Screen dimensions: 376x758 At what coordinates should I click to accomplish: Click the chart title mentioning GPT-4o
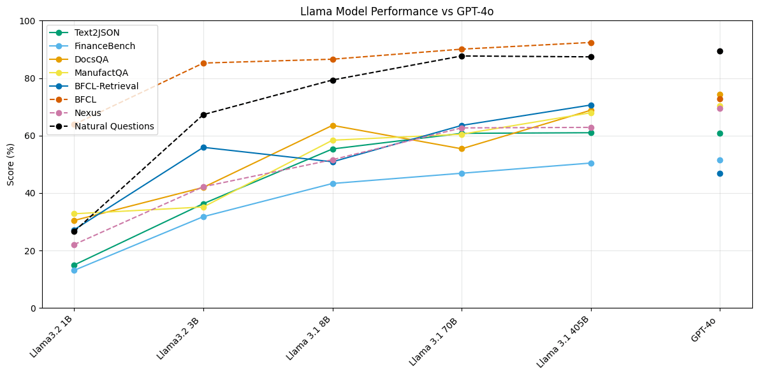tap(397, 11)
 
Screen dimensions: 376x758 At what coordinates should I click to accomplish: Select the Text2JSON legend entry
tap(97, 33)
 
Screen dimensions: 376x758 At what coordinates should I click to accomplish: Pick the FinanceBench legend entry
tap(105, 46)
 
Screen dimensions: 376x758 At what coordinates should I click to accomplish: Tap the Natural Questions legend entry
tap(114, 126)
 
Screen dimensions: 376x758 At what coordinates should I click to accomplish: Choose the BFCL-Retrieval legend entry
tap(106, 86)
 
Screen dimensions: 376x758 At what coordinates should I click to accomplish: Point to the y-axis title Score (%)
tap(11, 164)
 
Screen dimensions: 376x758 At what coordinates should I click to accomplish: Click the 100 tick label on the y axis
tap(27, 21)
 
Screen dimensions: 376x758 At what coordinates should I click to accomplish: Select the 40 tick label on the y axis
tap(30, 193)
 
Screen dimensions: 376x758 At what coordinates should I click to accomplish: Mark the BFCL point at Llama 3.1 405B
tap(591, 43)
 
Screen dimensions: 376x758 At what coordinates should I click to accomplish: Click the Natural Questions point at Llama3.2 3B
tap(203, 115)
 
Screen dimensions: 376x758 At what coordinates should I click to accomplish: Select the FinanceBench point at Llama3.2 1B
tap(74, 270)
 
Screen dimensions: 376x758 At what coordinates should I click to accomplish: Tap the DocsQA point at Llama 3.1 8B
tap(333, 126)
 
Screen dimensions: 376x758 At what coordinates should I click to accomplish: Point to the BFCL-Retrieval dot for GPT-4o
tap(720, 173)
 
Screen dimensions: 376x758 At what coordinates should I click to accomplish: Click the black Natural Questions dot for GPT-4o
tap(720, 51)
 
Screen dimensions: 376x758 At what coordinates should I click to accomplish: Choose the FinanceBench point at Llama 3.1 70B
tap(462, 173)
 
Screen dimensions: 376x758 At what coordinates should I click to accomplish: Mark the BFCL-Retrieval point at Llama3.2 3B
tap(203, 147)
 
